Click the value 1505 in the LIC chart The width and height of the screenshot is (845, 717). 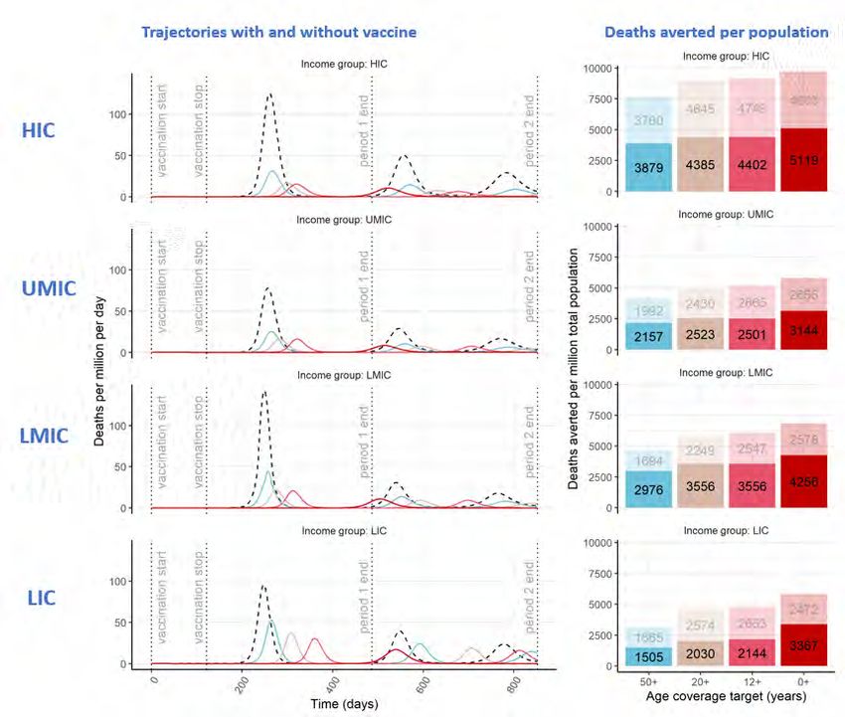tap(649, 652)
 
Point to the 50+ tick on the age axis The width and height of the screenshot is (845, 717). tap(649, 684)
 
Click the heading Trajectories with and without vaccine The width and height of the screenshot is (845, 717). tap(278, 32)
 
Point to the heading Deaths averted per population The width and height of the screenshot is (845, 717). tap(716, 32)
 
